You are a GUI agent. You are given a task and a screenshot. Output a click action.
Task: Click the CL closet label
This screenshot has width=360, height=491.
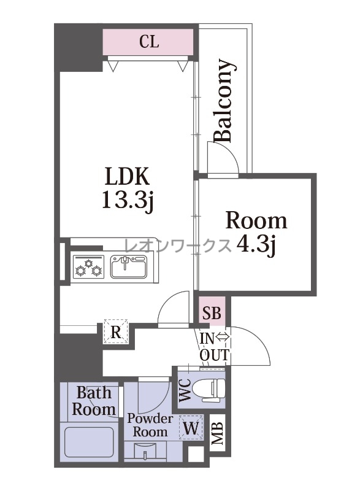pyautogui.click(x=149, y=41)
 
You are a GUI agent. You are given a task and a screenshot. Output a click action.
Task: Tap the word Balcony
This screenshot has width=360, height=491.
pyautogui.click(x=224, y=101)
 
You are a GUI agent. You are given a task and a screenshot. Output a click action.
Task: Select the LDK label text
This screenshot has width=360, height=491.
pyautogui.click(x=127, y=176)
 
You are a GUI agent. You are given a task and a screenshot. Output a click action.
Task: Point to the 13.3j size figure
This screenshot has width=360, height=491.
pyautogui.click(x=127, y=200)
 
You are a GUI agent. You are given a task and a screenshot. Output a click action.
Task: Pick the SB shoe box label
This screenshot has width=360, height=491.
pyautogui.click(x=212, y=312)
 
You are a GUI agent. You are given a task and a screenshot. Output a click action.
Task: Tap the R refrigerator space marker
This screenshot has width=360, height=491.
pyautogui.click(x=116, y=332)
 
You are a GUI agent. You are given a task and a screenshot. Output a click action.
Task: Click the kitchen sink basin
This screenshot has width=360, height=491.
pyautogui.click(x=129, y=266)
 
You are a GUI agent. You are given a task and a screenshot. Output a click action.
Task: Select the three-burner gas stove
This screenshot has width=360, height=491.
pyautogui.click(x=88, y=266)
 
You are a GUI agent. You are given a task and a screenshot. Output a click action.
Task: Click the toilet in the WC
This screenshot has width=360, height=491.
pyautogui.click(x=209, y=390)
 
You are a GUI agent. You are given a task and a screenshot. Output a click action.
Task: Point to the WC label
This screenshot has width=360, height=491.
pyautogui.click(x=185, y=390)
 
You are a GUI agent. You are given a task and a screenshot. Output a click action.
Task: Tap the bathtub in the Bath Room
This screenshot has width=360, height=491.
pyautogui.click(x=88, y=443)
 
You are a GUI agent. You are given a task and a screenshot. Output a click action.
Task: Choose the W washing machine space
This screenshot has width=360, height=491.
pyautogui.click(x=191, y=427)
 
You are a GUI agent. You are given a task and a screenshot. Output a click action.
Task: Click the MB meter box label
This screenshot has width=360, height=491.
pyautogui.click(x=217, y=433)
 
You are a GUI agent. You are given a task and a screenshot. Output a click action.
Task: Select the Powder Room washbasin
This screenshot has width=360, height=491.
pyautogui.click(x=145, y=450)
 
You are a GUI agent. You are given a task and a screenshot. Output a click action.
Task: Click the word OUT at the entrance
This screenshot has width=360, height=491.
pyautogui.click(x=214, y=355)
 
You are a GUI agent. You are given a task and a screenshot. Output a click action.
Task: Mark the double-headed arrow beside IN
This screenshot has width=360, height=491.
pyautogui.click(x=223, y=338)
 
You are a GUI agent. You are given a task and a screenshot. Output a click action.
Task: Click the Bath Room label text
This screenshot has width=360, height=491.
pyautogui.click(x=93, y=401)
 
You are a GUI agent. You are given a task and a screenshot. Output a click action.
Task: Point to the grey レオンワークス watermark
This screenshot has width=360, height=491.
pyautogui.click(x=178, y=246)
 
